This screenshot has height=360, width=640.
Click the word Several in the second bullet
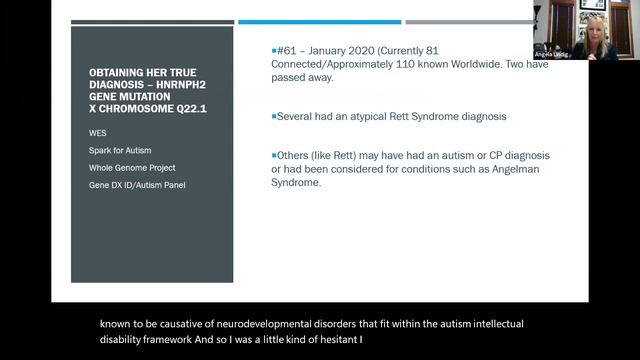(295, 117)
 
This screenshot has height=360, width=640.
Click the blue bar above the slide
(319, 22)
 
